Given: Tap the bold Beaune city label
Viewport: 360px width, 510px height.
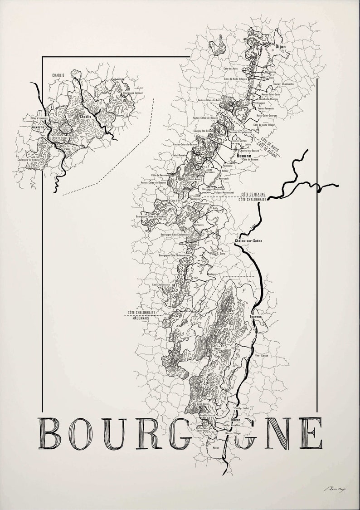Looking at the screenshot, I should (x=244, y=155).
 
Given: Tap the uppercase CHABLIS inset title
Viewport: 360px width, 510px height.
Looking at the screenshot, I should (x=58, y=74).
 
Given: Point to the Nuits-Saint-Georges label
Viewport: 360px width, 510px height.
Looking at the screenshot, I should (x=267, y=116).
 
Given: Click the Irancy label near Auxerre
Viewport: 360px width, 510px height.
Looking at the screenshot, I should (x=68, y=148).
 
